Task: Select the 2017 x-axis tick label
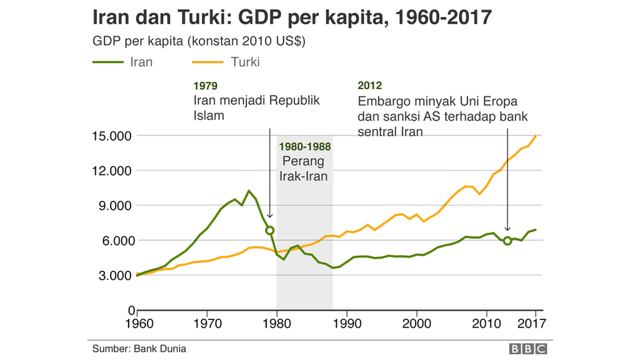pyautogui.click(x=535, y=323)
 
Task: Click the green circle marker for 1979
pyautogui.click(x=270, y=230)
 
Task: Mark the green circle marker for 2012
pyautogui.click(x=508, y=241)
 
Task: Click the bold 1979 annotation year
pyautogui.click(x=205, y=85)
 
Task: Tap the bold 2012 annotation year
pyautogui.click(x=370, y=85)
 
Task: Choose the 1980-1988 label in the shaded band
pyautogui.click(x=305, y=147)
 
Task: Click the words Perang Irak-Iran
pyautogui.click(x=304, y=168)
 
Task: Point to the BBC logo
pyautogui.click(x=527, y=349)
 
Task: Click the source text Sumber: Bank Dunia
pyautogui.click(x=139, y=348)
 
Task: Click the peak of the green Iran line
pyautogui.click(x=249, y=191)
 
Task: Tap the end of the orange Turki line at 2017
pyautogui.click(x=536, y=136)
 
